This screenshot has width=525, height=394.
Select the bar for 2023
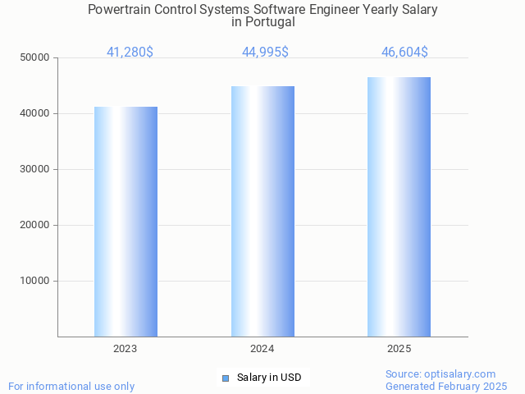(x=126, y=222)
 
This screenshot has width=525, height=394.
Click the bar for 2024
(x=262, y=211)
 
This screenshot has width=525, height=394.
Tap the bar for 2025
(x=399, y=207)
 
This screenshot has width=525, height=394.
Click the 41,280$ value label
(x=130, y=53)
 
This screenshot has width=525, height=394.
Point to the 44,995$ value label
(x=265, y=53)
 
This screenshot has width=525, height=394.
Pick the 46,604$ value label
(x=404, y=53)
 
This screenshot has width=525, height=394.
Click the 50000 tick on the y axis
(x=35, y=57)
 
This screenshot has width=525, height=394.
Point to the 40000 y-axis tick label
(x=35, y=113)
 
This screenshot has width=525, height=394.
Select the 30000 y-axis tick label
(x=35, y=169)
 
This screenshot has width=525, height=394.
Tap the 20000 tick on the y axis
(x=35, y=225)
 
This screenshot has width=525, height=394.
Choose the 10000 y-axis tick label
(x=35, y=281)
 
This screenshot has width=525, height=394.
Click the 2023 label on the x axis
(x=126, y=349)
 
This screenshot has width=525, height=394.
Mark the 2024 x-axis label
(x=262, y=349)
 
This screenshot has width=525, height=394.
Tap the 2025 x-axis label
(x=399, y=349)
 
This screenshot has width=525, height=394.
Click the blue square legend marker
(x=226, y=378)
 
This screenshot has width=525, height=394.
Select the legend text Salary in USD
(x=269, y=378)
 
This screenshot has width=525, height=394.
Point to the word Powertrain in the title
(x=120, y=10)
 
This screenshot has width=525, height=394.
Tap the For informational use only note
(x=71, y=386)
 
